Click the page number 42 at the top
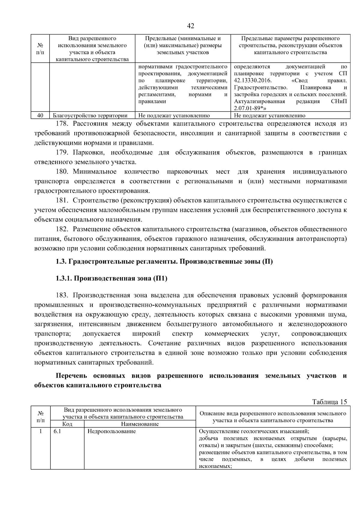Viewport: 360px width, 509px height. (190, 26)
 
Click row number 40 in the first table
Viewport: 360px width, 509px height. (40, 115)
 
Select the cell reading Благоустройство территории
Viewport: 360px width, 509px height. (90, 115)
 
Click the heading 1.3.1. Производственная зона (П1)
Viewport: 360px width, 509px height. (111, 278)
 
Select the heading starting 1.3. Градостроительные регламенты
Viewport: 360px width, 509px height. (164, 262)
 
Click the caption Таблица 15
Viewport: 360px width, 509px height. (329, 402)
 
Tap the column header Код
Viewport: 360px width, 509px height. (67, 424)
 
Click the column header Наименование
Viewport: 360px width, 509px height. (140, 424)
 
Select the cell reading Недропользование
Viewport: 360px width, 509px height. (112, 431)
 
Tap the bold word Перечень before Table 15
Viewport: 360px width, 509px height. (71, 376)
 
